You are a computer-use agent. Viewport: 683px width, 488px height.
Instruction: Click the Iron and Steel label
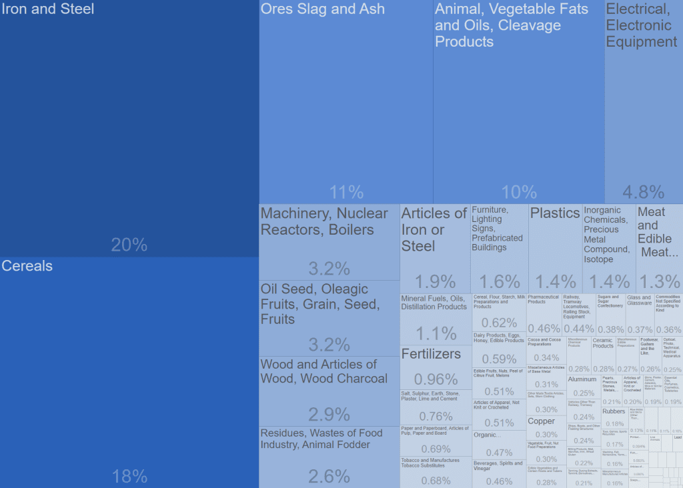48,9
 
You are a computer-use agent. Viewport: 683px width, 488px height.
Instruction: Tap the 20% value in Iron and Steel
129,245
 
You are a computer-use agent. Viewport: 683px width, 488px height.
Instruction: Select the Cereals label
27,266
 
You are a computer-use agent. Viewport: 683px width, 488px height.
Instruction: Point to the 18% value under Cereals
129,476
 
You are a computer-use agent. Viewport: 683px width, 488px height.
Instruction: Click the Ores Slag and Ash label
323,9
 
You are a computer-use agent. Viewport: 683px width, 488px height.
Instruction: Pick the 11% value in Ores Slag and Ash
346,193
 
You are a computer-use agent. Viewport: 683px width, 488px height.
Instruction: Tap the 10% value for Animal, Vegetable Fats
519,193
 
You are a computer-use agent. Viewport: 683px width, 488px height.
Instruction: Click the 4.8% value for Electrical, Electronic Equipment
644,193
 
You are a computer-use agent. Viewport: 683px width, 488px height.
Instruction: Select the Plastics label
555,213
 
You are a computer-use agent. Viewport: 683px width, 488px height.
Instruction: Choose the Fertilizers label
431,354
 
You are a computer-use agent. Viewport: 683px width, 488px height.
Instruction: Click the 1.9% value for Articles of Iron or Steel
436,281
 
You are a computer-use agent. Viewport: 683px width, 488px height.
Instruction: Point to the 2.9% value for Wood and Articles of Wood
329,414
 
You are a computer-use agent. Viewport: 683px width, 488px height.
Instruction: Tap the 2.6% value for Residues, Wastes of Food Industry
329,476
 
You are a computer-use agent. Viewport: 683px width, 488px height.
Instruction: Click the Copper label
541,421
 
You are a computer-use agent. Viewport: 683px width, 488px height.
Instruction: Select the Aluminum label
582,379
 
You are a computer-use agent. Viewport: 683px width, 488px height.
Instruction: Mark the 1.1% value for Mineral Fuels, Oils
436,333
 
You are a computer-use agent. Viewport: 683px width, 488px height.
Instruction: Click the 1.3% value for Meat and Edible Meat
659,281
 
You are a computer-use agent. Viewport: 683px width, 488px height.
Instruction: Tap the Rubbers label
614,411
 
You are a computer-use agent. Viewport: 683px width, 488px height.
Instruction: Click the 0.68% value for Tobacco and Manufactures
436,481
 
